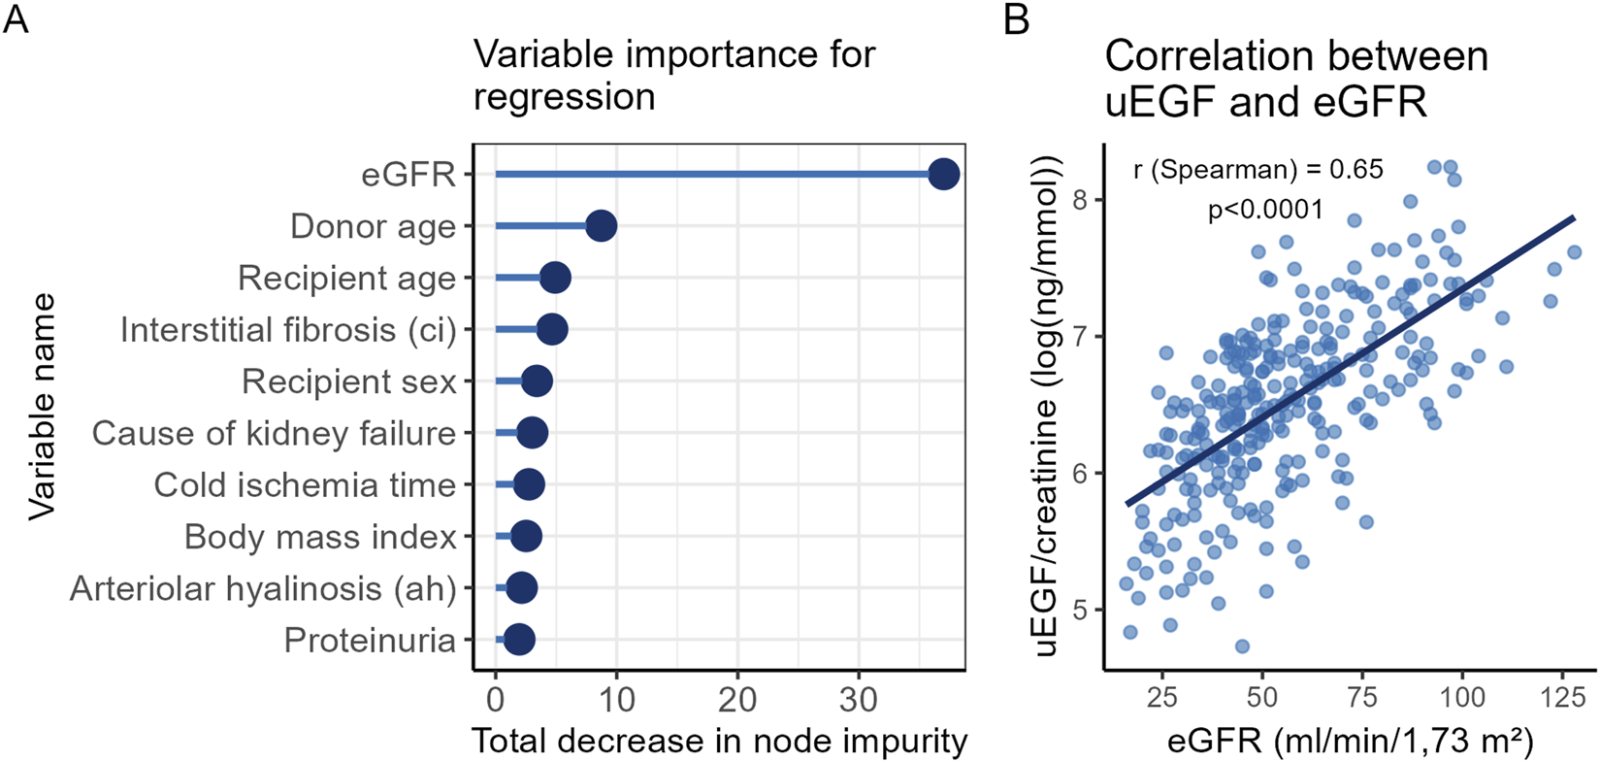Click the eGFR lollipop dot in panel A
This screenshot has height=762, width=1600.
943,175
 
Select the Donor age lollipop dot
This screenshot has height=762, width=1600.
601,226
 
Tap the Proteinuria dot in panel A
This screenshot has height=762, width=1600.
519,640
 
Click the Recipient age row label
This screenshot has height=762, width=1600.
346,279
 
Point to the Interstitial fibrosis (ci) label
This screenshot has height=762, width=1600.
288,330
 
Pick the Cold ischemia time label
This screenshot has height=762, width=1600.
305,485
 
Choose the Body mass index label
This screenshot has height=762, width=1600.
320,537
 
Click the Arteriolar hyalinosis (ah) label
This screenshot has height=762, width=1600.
263,588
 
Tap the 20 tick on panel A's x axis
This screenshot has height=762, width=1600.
737,699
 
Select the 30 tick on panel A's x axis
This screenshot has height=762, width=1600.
859,699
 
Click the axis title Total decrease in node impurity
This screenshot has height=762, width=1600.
719,742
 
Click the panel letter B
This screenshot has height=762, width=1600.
1016,19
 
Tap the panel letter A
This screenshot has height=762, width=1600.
16,19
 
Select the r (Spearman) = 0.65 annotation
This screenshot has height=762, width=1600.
1257,170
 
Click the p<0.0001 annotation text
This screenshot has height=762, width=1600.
1265,210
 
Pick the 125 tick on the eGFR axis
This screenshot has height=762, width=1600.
1561,697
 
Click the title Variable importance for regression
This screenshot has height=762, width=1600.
674,75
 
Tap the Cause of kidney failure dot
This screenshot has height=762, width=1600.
531,433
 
